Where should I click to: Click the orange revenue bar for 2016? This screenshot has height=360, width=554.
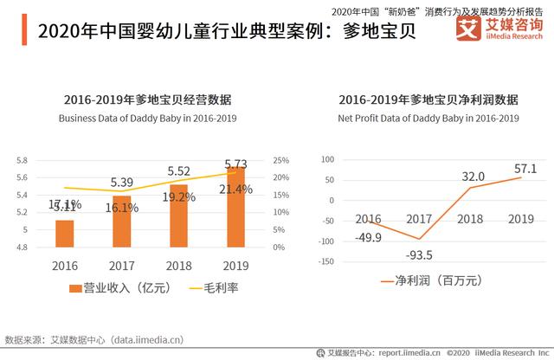coord(64,234)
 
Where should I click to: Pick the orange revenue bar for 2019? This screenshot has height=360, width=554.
coord(235,208)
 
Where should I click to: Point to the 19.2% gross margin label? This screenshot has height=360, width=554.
coord(178,196)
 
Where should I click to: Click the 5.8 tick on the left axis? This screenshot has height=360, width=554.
coord(23,161)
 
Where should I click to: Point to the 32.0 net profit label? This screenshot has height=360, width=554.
coord(473,177)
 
